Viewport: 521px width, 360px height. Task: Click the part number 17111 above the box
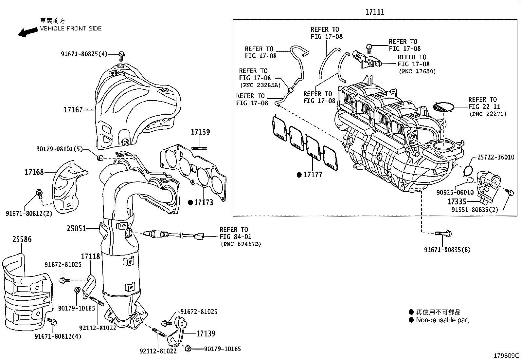(x=375, y=12)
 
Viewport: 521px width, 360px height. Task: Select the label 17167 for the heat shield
(x=73, y=110)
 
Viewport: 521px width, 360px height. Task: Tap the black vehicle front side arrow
(x=28, y=32)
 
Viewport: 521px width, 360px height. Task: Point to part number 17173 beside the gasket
(x=204, y=202)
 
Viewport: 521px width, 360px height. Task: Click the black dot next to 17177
(x=299, y=175)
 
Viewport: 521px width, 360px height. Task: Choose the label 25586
(x=22, y=239)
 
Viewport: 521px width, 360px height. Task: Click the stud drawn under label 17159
(x=199, y=148)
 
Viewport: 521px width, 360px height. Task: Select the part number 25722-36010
(x=496, y=157)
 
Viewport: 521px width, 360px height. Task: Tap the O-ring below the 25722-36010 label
(x=468, y=170)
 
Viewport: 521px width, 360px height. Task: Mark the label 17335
(x=457, y=201)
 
